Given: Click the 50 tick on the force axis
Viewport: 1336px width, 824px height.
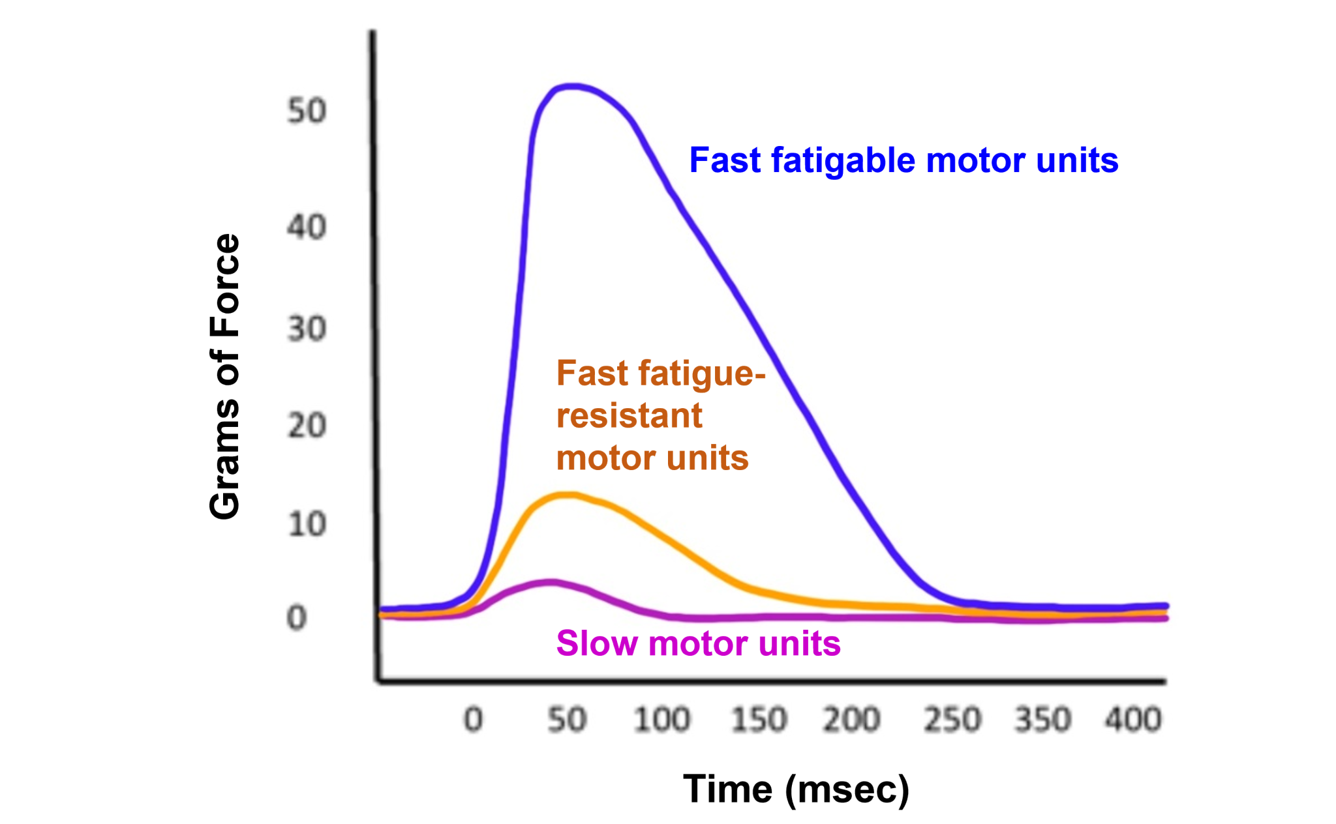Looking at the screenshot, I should (307, 111).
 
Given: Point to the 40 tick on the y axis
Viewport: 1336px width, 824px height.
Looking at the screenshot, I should (307, 228).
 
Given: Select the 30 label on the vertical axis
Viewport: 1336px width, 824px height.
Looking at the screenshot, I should (307, 329).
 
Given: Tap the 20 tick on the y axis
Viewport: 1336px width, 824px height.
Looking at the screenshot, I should (307, 426).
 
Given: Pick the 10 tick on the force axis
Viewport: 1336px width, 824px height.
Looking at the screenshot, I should (307, 524).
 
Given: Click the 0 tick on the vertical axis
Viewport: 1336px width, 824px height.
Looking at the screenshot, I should (297, 617).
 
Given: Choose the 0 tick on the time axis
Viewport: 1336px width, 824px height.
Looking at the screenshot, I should (474, 720).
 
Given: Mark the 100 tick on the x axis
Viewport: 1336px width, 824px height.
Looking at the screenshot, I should (661, 720).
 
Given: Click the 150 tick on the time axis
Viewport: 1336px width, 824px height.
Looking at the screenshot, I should (759, 720).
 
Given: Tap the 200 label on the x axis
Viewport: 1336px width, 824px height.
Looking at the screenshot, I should (851, 720).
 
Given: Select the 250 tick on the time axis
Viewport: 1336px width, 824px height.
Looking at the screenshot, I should (952, 720).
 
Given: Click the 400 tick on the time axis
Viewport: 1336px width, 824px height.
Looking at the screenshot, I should (1133, 720).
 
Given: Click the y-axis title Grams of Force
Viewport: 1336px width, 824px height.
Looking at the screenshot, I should (225, 376).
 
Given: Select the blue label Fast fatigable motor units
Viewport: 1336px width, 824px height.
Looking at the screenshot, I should (903, 160).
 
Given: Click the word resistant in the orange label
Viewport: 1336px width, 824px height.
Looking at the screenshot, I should (630, 416).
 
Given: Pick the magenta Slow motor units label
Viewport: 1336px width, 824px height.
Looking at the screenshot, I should (698, 643).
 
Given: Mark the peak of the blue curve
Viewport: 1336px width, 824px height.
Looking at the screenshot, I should (571, 87).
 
